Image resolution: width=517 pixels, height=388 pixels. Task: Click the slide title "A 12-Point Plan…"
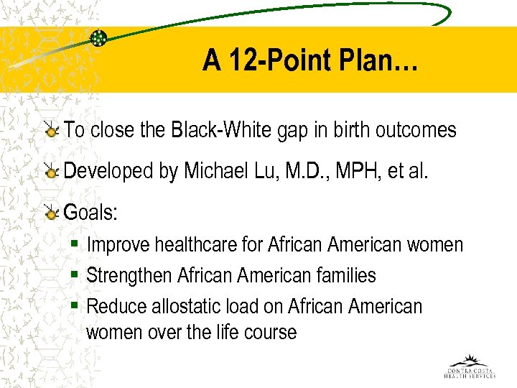(x=309, y=60)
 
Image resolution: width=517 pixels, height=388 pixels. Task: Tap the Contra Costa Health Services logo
(x=470, y=366)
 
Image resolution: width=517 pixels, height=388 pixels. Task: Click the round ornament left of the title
(x=98, y=38)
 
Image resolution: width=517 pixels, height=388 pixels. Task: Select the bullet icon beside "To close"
(x=51, y=131)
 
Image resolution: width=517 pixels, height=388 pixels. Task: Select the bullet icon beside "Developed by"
(x=51, y=172)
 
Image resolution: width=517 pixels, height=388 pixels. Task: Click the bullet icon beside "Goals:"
(x=51, y=213)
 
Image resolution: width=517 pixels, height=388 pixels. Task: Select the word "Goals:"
(x=91, y=213)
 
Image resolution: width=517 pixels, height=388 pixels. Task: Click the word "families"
(x=347, y=276)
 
